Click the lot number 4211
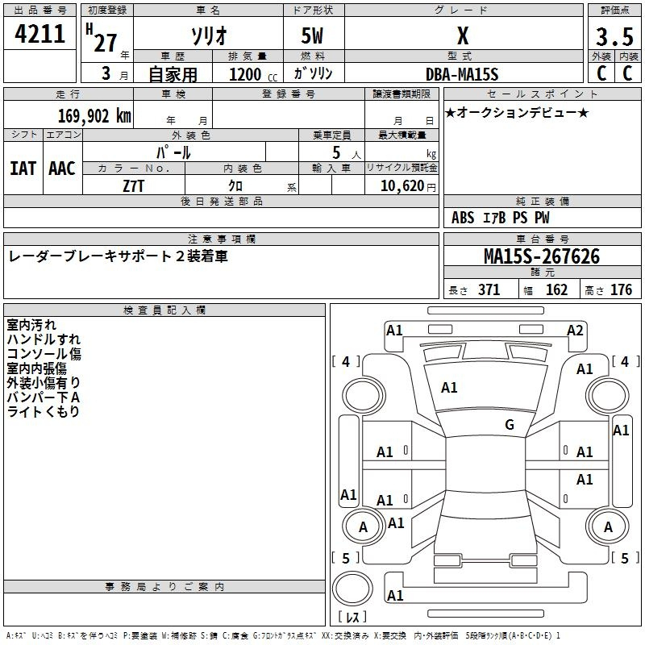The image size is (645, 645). (40, 34)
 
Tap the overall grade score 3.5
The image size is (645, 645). (614, 36)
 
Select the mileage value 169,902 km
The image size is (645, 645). (94, 116)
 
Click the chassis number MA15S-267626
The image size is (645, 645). (542, 256)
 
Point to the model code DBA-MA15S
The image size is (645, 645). (462, 74)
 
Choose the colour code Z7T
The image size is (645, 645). (133, 186)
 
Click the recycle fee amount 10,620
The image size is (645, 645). (402, 186)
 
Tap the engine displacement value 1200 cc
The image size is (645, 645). (253, 74)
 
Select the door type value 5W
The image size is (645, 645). (312, 35)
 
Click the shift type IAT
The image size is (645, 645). (23, 169)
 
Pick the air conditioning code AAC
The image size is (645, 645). (62, 169)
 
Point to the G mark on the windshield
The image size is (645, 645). (510, 425)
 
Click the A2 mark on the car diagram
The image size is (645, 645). (575, 331)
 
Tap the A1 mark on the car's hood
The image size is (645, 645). (449, 388)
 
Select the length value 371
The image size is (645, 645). (489, 290)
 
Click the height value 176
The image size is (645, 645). (621, 290)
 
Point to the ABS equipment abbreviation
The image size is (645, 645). (463, 218)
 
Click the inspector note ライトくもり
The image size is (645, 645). (44, 412)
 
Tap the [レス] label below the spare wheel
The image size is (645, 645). (352, 616)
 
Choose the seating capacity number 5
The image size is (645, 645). (336, 152)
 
